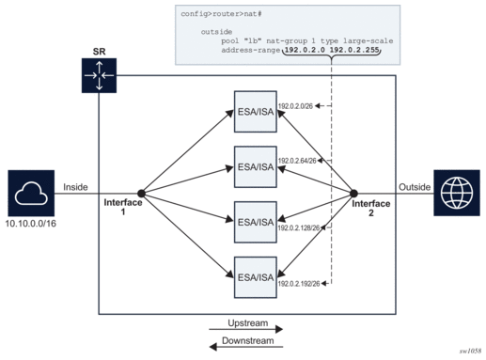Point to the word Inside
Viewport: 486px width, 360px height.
tap(75, 186)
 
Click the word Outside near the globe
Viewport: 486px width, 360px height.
tap(415, 186)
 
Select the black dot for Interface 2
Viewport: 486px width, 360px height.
tap(352, 193)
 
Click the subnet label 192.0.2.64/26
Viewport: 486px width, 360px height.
tap(298, 161)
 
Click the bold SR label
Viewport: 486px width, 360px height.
tap(99, 50)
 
